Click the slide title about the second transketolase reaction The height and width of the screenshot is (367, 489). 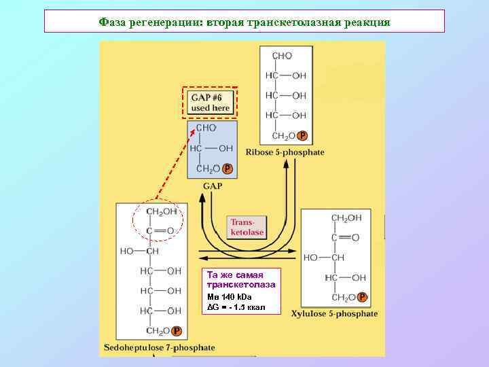pos(244,22)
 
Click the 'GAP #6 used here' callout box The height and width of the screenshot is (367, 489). pos(211,103)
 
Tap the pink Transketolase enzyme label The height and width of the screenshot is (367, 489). pos(247,227)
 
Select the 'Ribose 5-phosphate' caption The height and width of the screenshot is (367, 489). pos(285,152)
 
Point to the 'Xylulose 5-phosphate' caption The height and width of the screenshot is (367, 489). pos(334,314)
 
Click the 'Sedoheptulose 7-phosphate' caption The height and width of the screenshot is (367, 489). pos(160,347)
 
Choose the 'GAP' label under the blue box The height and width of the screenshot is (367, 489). pos(213,186)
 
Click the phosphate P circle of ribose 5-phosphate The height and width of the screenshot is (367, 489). pos(302,136)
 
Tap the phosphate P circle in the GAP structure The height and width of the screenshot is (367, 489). pos(227,169)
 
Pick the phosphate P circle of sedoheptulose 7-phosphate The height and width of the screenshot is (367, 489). pos(177,331)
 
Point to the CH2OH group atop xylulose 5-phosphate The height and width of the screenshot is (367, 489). pos(346,217)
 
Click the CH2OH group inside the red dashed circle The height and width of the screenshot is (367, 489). pos(161,212)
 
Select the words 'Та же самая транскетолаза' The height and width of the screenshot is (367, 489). pos(240,279)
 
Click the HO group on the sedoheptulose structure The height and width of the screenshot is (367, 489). pos(127,251)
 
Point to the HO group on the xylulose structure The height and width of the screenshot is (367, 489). pos(310,258)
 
